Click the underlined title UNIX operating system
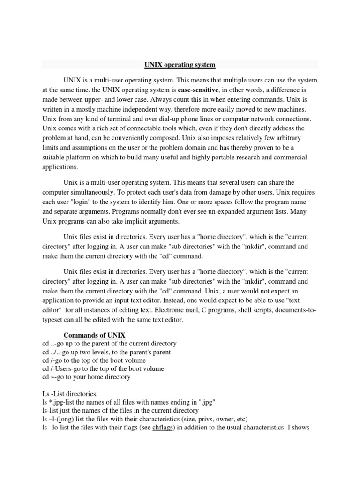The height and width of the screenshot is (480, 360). click(x=180, y=64)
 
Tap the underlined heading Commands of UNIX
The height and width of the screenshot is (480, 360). click(x=94, y=335)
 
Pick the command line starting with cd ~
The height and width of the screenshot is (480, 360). click(x=86, y=377)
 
